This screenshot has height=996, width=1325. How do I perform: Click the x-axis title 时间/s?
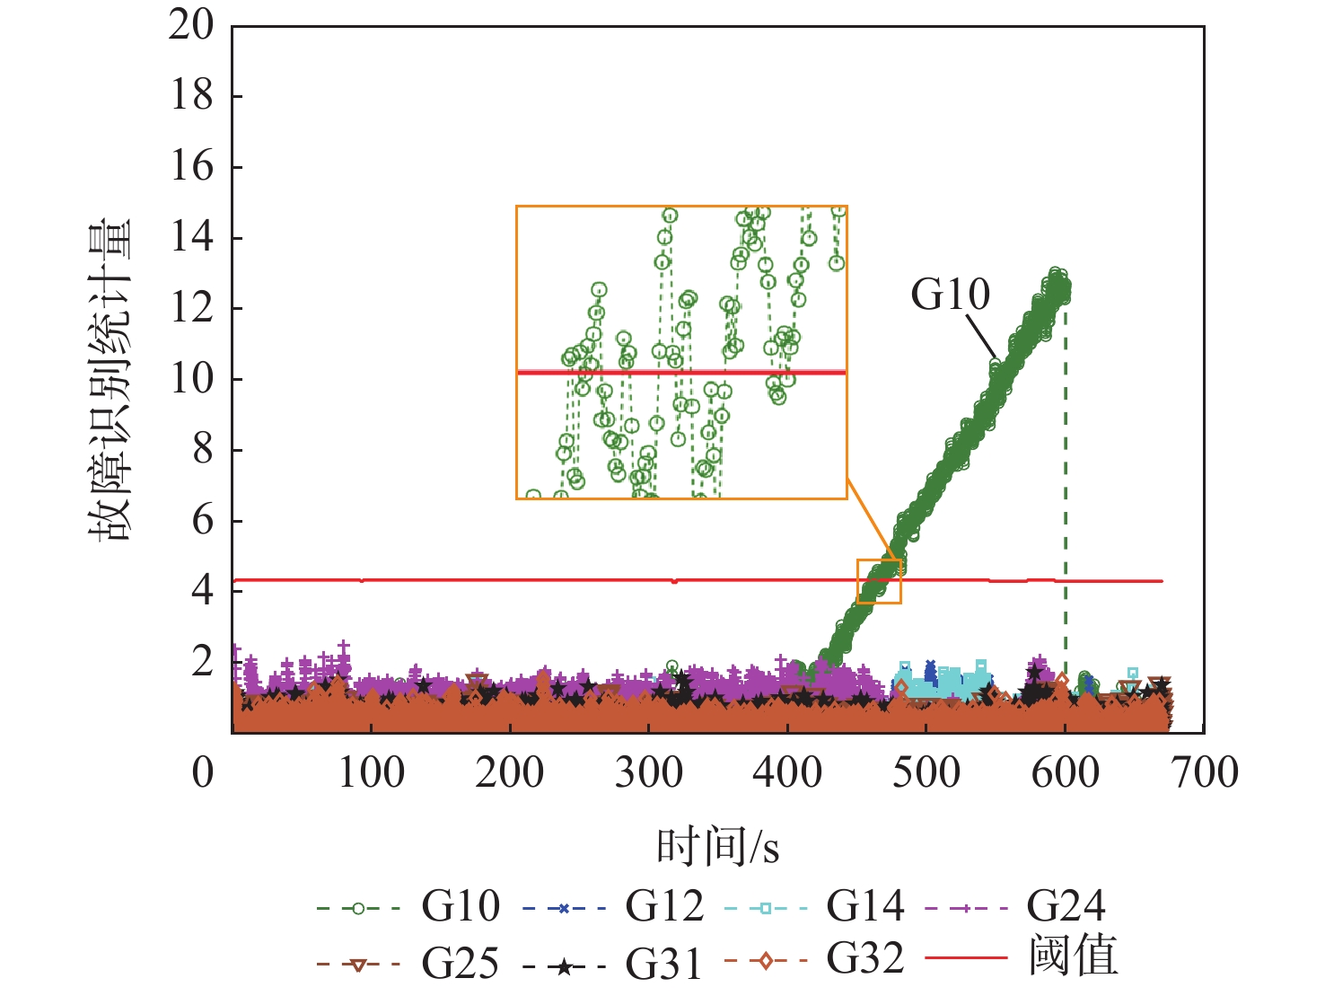click(x=717, y=846)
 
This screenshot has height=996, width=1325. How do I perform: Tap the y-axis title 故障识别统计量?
click(x=110, y=379)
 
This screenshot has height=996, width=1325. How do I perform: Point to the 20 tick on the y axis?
click(x=191, y=25)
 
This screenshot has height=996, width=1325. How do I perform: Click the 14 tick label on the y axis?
click(x=191, y=238)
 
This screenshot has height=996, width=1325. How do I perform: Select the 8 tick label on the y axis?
click(x=203, y=450)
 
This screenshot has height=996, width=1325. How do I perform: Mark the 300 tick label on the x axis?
click(x=648, y=773)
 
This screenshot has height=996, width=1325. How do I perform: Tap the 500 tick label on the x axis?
click(x=926, y=773)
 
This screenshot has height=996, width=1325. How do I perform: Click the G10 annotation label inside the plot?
click(x=950, y=295)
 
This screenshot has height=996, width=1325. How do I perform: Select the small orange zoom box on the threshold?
click(x=879, y=582)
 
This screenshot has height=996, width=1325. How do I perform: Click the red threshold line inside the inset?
click(x=681, y=372)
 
